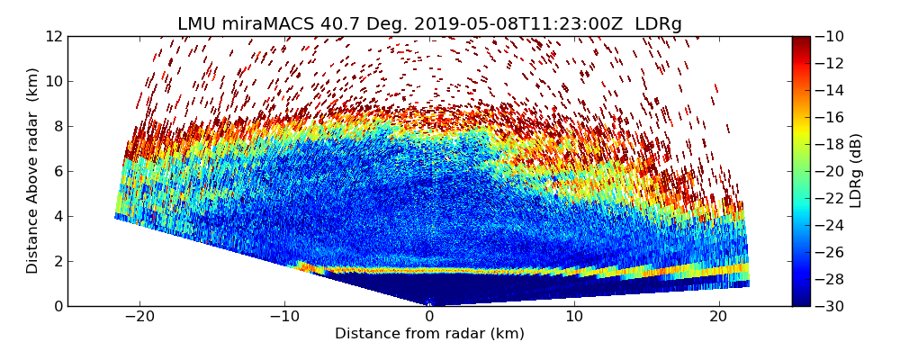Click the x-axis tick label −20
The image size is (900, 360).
click(139, 318)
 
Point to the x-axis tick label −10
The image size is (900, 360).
click(284, 318)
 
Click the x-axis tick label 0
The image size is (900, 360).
click(429, 318)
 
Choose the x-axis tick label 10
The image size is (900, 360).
click(574, 318)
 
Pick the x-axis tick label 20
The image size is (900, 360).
click(718, 318)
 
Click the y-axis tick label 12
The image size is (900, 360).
click(54, 36)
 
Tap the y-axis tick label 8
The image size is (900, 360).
click(58, 126)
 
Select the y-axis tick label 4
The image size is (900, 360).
click(58, 216)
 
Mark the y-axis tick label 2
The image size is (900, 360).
click(58, 261)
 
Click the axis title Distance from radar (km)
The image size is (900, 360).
click(429, 334)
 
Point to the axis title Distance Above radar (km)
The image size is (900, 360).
click(33, 171)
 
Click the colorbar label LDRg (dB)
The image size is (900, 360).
click(856, 171)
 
